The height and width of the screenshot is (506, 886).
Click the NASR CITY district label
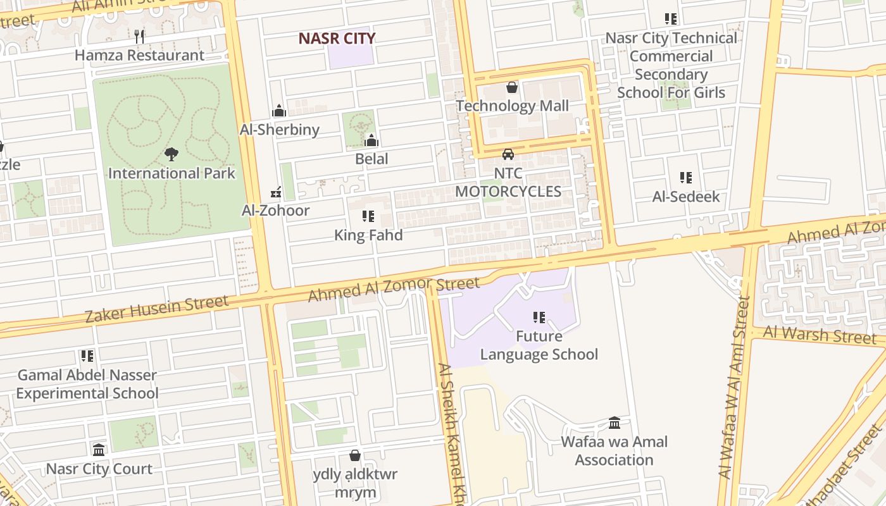click(337, 39)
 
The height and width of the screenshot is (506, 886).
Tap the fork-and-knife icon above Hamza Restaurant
click(140, 36)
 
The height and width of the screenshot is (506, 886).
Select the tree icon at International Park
click(171, 154)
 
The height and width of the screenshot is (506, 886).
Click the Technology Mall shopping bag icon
click(512, 87)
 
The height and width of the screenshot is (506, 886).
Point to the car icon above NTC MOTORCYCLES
click(508, 154)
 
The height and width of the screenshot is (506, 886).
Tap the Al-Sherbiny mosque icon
click(279, 111)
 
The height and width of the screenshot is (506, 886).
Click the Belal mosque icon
click(371, 140)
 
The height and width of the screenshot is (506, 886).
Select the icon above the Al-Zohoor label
click(276, 192)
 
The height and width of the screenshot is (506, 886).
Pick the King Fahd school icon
click(368, 216)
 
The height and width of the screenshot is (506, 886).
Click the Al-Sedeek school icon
click(686, 178)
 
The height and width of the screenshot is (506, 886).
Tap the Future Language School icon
click(539, 317)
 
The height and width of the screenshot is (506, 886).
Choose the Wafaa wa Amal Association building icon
click(615, 423)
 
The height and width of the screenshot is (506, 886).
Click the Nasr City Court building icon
click(99, 450)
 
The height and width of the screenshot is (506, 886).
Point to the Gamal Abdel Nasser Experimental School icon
click(87, 356)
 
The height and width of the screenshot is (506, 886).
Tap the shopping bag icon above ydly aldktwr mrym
click(355, 455)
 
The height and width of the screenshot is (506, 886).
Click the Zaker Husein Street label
click(157, 309)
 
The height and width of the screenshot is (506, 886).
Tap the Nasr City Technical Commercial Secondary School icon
click(671, 20)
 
